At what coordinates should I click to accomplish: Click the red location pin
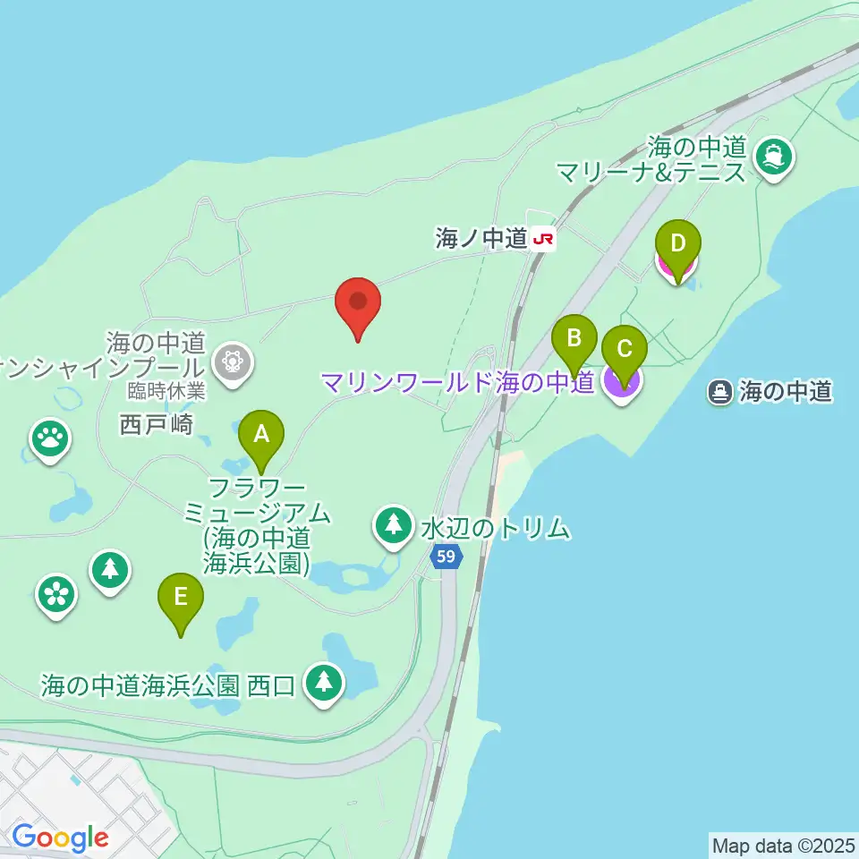pos(358,304)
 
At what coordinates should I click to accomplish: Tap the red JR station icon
pos(542,239)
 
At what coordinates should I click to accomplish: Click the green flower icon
pos(56,593)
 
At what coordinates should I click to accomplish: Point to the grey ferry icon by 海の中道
pos(719,391)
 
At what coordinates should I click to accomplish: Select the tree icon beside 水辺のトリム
pos(392,525)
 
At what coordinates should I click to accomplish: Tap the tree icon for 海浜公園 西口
pos(324,683)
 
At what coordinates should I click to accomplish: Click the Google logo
pos(60,838)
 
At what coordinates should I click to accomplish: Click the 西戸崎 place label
pos(157,424)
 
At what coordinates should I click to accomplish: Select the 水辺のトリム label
pos(495,529)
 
